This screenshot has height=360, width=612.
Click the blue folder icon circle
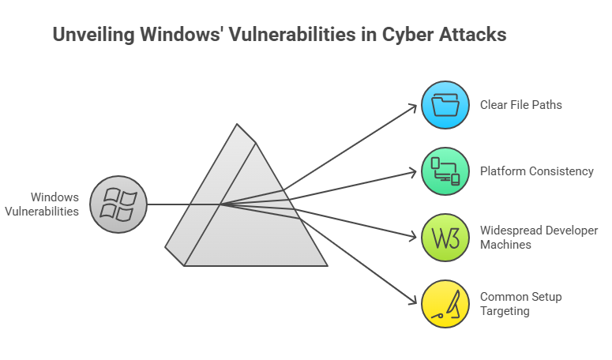click(445, 104)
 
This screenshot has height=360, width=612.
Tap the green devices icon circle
click(445, 171)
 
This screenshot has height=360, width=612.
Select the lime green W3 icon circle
click(445, 238)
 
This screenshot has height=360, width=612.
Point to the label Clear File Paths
click(521, 104)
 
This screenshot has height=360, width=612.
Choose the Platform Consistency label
click(537, 171)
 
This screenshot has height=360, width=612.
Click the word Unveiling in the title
click(89, 36)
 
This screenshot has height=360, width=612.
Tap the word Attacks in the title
click(471, 36)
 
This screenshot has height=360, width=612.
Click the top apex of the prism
click(236, 125)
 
